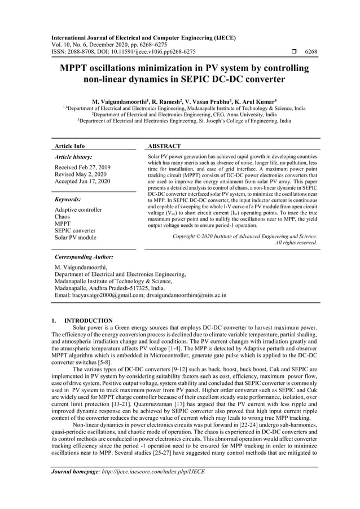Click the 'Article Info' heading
pos(69,146)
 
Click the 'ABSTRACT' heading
pos(164,146)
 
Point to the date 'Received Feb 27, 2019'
pos(82,168)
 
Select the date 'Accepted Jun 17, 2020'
pos(82,181)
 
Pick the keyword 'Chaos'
pos(63,217)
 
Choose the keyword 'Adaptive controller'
pos(78,210)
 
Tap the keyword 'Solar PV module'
pos(75,238)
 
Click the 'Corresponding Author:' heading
pos(84,257)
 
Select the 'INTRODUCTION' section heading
pos(89,321)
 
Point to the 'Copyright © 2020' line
pos(244,236)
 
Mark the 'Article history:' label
pos(73,157)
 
